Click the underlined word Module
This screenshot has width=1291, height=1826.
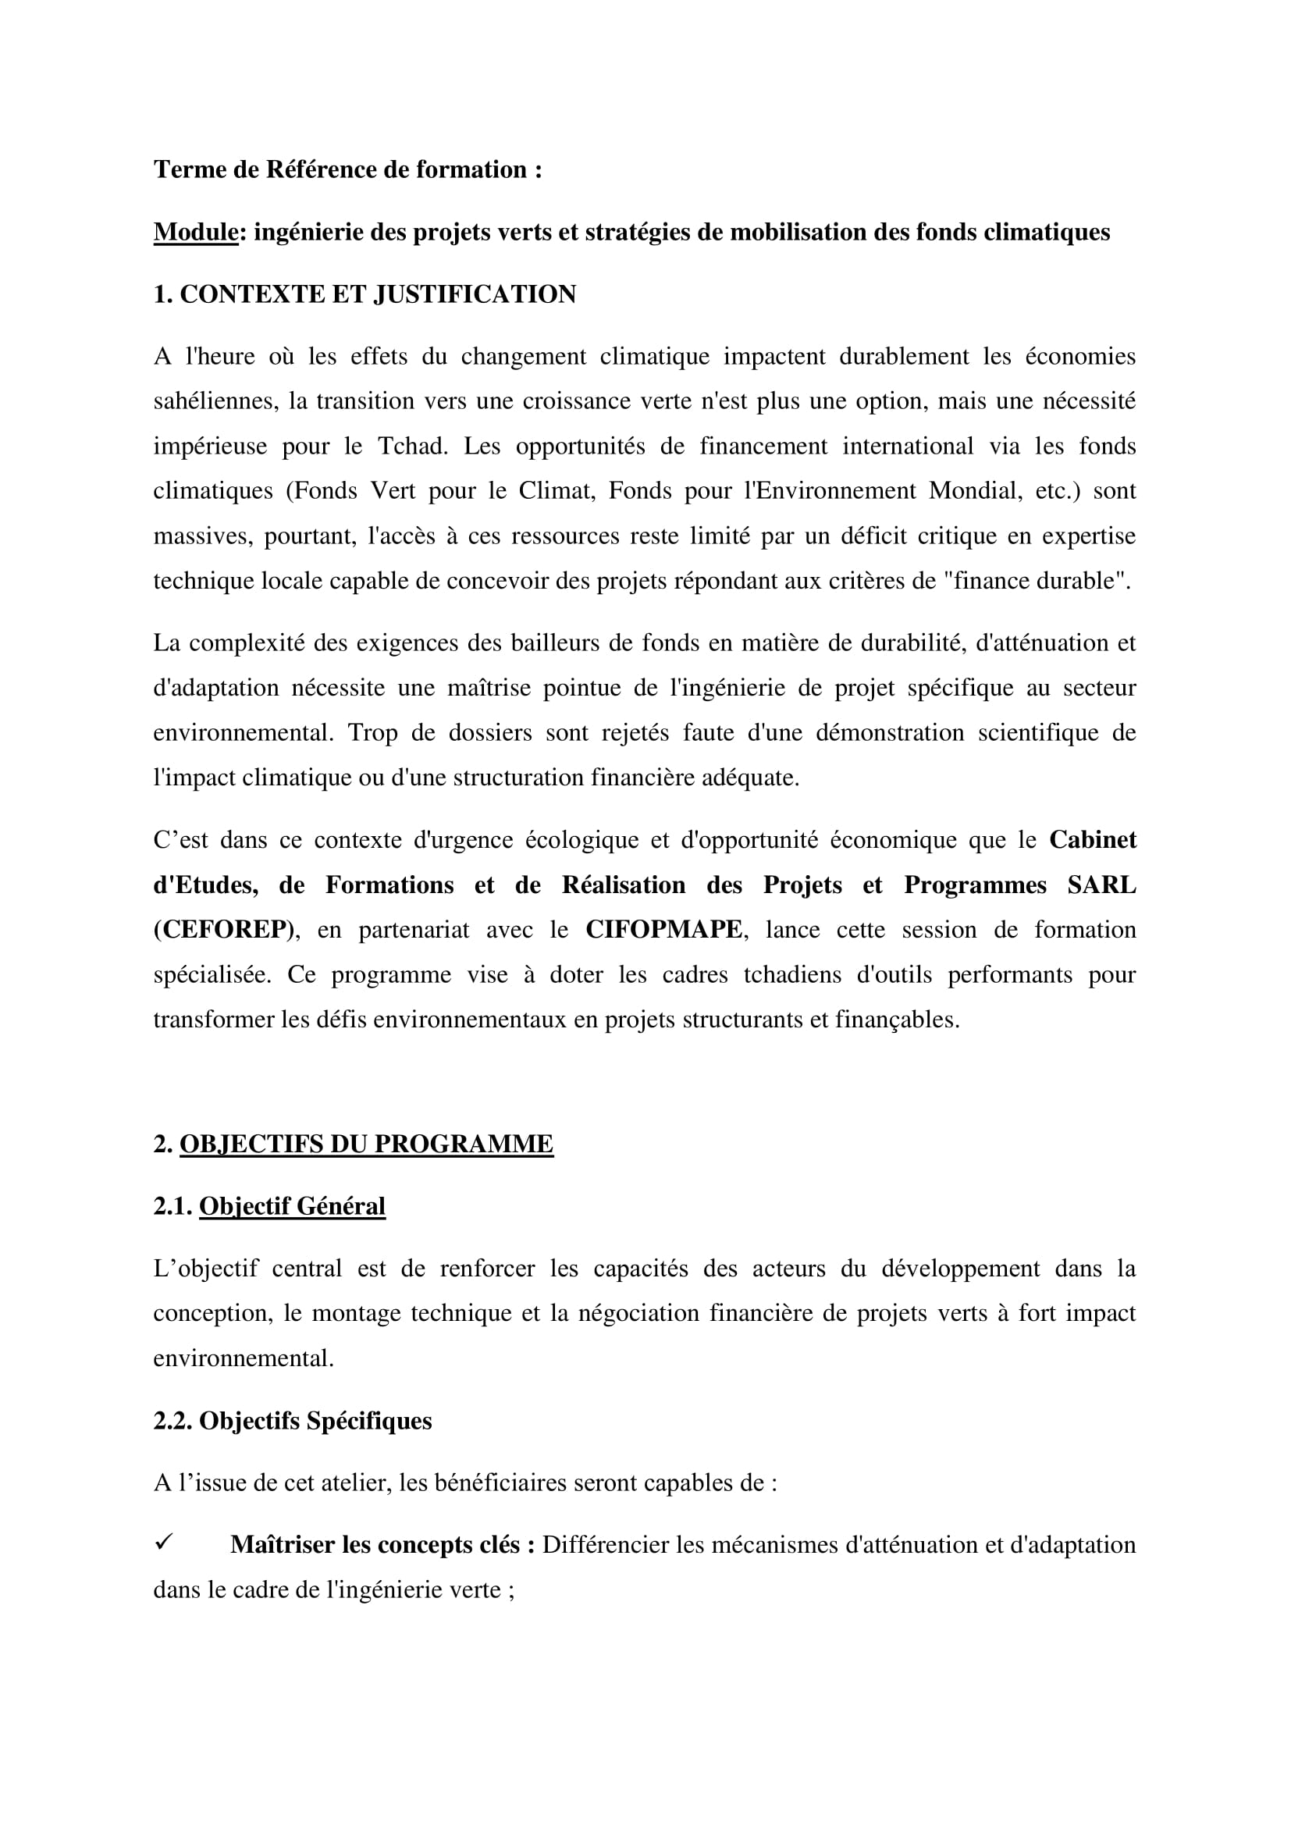click(196, 232)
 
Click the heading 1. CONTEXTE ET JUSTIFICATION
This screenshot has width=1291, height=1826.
click(364, 294)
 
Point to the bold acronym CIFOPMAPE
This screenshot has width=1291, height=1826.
click(663, 930)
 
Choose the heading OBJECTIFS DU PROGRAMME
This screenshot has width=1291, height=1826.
click(367, 1144)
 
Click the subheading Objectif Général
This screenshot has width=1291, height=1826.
click(292, 1206)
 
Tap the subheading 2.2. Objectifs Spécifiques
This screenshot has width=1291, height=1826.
click(293, 1421)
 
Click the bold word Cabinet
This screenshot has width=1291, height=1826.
click(1092, 840)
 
